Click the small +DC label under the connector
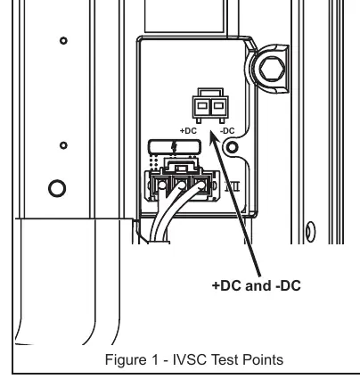coord(188,131)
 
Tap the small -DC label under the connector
coord(227,131)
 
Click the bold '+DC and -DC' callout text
coord(257,285)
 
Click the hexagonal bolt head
coord(272,69)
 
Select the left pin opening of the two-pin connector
coord(202,105)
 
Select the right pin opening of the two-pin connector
coord(218,105)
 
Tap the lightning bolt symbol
coord(175,147)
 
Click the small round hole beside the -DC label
coord(233,147)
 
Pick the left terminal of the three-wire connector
coord(160,185)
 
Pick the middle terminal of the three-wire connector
coord(181,185)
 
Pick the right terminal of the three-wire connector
coord(201,185)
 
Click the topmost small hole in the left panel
coord(63,40)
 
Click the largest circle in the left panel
coord(57,188)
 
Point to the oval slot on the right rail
coord(311,232)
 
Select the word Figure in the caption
coord(125,360)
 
